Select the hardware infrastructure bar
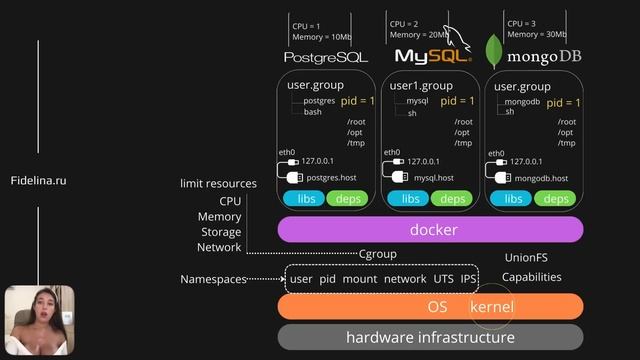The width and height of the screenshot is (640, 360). tap(430, 337)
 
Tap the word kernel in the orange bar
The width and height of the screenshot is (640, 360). tap(491, 306)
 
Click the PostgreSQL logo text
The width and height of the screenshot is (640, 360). tap(325, 57)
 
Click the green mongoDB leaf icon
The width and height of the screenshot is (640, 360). tap(493, 50)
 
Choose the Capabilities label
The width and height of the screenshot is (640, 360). tap(531, 277)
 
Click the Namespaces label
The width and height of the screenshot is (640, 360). tap(213, 279)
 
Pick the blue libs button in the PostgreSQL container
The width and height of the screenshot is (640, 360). tap(305, 199)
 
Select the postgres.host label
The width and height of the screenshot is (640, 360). tap(331, 177)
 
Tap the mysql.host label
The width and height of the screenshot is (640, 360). tap(434, 177)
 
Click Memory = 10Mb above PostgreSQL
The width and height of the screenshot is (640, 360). tap(322, 37)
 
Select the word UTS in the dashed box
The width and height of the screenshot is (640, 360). tap(444, 278)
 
